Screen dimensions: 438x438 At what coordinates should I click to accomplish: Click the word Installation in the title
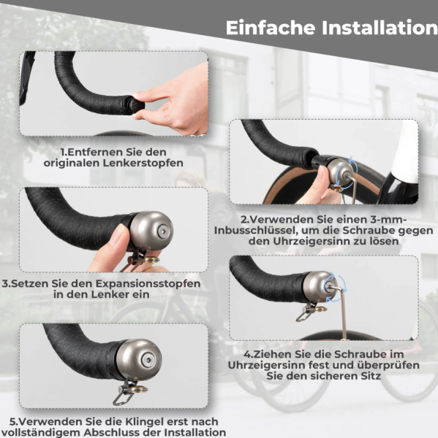[x=374, y=28]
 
